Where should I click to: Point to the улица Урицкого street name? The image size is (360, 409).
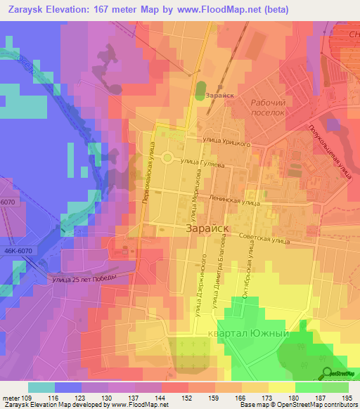[225, 141]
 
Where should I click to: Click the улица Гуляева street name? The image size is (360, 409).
[203, 162]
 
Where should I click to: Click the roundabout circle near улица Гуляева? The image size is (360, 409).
[167, 157]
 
